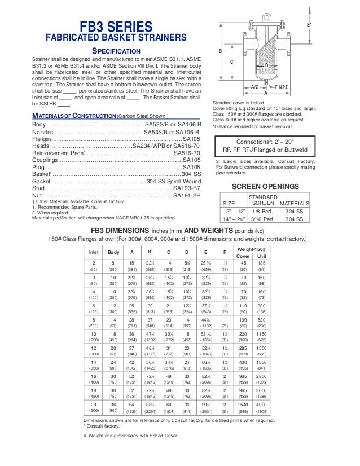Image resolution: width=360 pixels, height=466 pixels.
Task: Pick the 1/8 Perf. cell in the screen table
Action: point(262,210)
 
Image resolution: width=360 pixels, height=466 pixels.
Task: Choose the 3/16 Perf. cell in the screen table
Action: point(262,219)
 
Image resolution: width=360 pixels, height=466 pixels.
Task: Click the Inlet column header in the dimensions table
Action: point(94,252)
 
